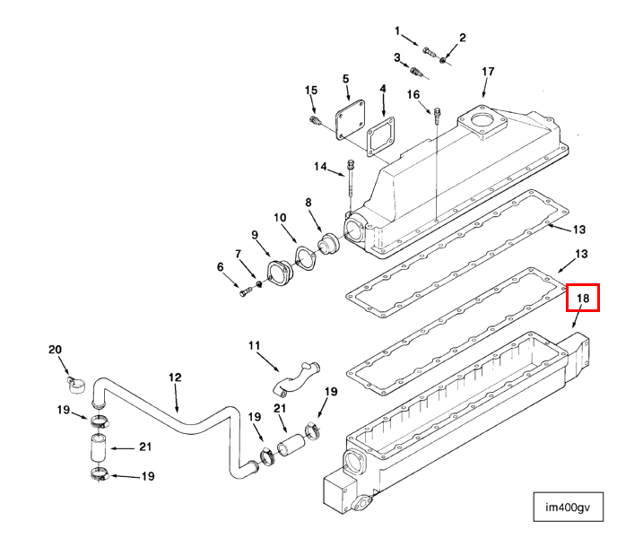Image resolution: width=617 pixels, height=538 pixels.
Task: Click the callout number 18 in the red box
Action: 582,298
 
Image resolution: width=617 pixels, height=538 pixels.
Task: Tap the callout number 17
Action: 488,71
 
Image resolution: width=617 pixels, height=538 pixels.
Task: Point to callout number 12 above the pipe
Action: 175,377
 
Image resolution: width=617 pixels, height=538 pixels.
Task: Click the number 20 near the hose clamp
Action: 55,349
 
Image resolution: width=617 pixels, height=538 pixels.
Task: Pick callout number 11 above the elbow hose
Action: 254,345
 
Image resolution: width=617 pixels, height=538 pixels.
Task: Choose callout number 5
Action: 345,79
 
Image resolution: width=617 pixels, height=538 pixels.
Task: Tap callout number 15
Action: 311,90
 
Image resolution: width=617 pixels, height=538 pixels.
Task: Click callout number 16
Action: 413,94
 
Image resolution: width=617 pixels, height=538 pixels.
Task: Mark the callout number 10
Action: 280,217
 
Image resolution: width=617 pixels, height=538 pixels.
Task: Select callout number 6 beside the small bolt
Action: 220,266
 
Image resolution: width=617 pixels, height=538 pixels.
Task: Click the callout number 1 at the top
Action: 397,31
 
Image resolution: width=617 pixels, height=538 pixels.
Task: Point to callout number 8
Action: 308,203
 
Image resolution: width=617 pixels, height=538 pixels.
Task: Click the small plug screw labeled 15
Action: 317,119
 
